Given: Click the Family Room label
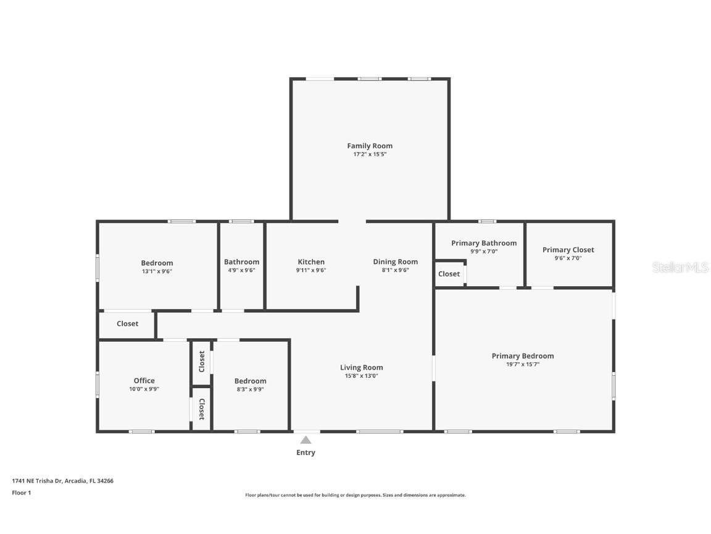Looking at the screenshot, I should click(x=369, y=146).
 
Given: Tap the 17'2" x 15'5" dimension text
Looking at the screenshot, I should click(x=369, y=155).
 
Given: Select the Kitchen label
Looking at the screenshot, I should click(x=311, y=262).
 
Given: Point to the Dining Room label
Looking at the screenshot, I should click(x=395, y=262).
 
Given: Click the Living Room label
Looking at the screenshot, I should click(x=361, y=368).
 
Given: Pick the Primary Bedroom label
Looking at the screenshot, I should click(x=523, y=356).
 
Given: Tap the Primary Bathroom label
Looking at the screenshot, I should click(x=484, y=244).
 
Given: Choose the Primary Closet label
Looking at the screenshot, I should click(x=568, y=250).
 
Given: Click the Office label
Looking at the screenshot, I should click(x=144, y=381).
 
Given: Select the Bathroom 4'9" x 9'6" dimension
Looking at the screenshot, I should click(x=241, y=270).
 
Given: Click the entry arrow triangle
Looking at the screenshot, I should click(x=306, y=440).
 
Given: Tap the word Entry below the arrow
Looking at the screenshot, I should click(x=306, y=452).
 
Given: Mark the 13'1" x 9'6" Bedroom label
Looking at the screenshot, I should click(x=157, y=263).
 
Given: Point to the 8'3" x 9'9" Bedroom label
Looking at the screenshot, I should click(x=250, y=381).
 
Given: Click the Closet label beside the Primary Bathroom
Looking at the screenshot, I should click(x=449, y=274).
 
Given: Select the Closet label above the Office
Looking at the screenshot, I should click(x=127, y=324).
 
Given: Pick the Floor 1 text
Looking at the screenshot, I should click(x=21, y=493).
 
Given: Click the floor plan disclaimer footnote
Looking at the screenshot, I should click(x=355, y=495).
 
